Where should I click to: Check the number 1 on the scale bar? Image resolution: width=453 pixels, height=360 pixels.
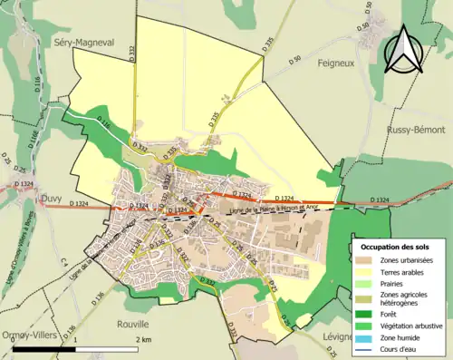[x=75, y=338]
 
